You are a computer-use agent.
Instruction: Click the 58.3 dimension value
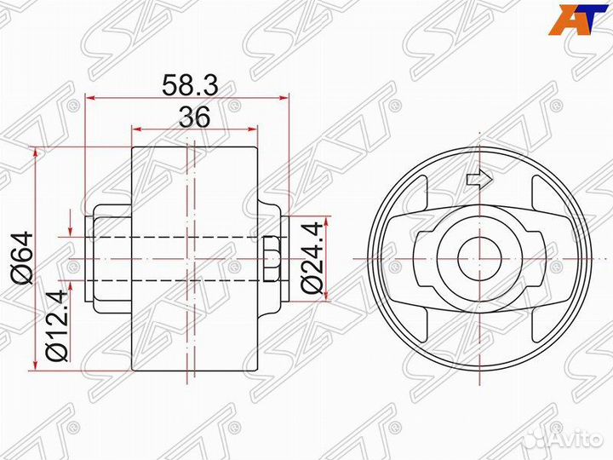click(188, 83)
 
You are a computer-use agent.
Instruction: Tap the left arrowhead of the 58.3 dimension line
click(90, 97)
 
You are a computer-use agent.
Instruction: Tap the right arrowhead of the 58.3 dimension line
click(285, 97)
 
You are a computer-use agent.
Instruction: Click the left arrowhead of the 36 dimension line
click(135, 129)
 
